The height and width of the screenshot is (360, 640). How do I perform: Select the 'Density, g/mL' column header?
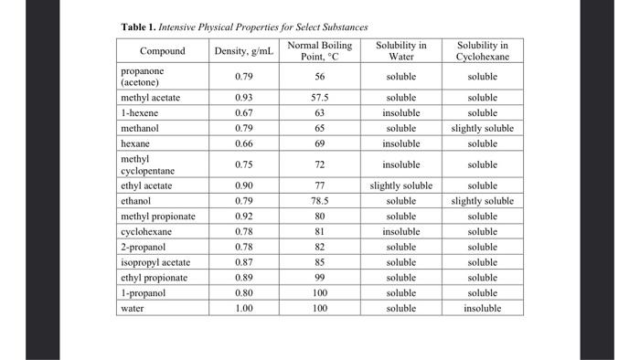[243, 51]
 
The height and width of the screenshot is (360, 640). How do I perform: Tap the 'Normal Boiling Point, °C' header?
[319, 51]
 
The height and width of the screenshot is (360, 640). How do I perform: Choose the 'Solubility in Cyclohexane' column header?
[483, 51]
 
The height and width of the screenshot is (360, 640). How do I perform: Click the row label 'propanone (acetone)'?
[146, 77]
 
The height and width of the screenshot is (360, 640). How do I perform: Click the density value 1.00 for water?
[243, 308]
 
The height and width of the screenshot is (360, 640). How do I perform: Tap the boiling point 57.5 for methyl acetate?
[319, 98]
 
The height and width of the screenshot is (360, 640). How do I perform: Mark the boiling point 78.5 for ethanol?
[319, 200]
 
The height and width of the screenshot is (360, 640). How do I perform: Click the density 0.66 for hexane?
[243, 143]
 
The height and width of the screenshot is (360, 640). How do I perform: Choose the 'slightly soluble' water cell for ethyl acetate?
[400, 185]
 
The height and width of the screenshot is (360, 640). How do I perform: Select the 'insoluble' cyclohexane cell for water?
[483, 308]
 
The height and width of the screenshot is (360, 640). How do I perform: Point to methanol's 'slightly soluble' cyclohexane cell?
[483, 129]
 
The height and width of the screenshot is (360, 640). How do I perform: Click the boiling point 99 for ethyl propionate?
[319, 278]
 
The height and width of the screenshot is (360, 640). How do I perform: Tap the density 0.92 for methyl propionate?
[243, 217]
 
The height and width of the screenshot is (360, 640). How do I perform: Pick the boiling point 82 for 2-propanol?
[319, 247]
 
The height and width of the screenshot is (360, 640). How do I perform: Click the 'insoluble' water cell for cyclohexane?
[400, 232]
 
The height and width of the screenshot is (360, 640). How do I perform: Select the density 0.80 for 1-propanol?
[243, 292]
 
